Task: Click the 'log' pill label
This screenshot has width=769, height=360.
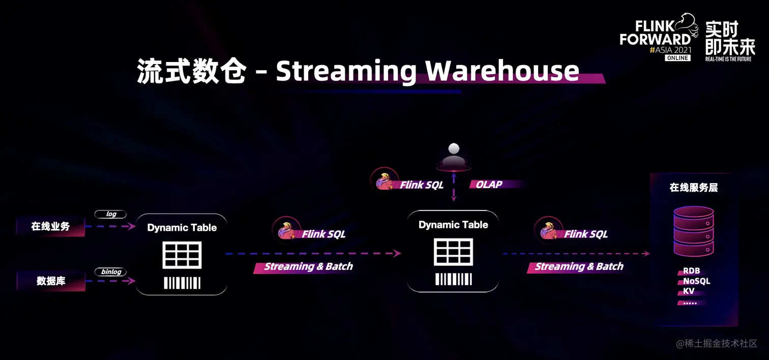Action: pos(110,215)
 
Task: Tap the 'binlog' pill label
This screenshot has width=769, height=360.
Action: pos(110,272)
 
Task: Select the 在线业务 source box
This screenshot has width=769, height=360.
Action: pos(50,227)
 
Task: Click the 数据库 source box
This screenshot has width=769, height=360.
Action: pos(51,281)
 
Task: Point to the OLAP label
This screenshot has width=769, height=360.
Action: pos(489,185)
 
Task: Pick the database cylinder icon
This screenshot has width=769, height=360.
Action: pos(693,232)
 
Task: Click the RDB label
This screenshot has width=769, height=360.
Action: pos(691,272)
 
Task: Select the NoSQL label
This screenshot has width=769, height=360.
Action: pos(696,281)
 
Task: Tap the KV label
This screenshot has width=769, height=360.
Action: pos(689,291)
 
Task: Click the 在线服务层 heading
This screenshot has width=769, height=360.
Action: pos(693,188)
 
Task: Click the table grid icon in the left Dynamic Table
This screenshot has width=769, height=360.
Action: pos(182,255)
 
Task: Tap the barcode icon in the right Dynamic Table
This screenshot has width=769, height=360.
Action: pos(453,279)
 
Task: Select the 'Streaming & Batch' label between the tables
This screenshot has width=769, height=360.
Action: pos(308,266)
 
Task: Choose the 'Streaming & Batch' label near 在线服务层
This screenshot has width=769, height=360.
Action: pos(579,266)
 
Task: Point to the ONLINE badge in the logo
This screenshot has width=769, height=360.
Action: pos(677,58)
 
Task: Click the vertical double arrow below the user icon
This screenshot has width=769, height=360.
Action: pos(454,187)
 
